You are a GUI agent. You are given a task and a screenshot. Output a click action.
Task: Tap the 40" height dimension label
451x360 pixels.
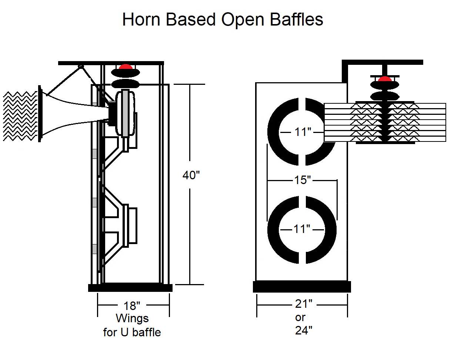pos(191,175)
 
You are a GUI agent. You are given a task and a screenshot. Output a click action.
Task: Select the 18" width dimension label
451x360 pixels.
pos(132,306)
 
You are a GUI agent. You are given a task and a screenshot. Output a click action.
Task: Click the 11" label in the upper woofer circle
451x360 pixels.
pos(302,132)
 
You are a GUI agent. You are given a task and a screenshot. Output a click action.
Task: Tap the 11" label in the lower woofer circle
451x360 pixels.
pos(301,229)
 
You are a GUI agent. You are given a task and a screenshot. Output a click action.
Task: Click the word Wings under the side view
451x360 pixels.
pos(132,319)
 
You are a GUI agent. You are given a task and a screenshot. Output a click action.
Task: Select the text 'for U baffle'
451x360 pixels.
pos(132,332)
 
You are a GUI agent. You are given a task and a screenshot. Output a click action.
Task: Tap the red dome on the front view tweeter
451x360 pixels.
pos(385,79)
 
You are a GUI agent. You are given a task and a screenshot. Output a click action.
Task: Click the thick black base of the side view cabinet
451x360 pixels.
pos(130,288)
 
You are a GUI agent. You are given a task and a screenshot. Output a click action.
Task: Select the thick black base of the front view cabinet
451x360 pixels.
pos(301,287)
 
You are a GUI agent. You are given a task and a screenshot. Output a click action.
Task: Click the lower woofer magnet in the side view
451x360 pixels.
pos(132,226)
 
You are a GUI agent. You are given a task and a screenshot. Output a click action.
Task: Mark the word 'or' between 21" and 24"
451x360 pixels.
pos(300,318)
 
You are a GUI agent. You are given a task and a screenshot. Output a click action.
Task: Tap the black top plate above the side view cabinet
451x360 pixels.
pos(111,63)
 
